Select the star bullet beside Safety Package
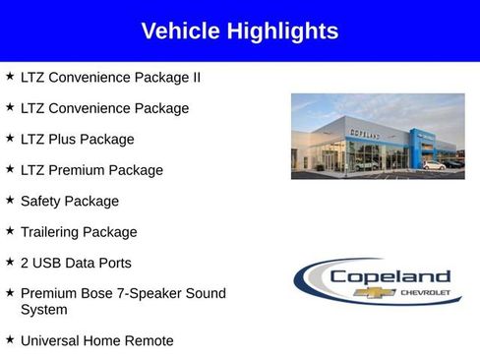click(10, 200)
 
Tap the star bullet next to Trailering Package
click(10, 231)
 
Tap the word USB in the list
click(49, 264)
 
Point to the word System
click(44, 310)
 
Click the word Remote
click(149, 341)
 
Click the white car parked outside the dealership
click(433, 165)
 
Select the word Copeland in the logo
click(390, 276)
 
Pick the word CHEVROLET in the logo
click(425, 292)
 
